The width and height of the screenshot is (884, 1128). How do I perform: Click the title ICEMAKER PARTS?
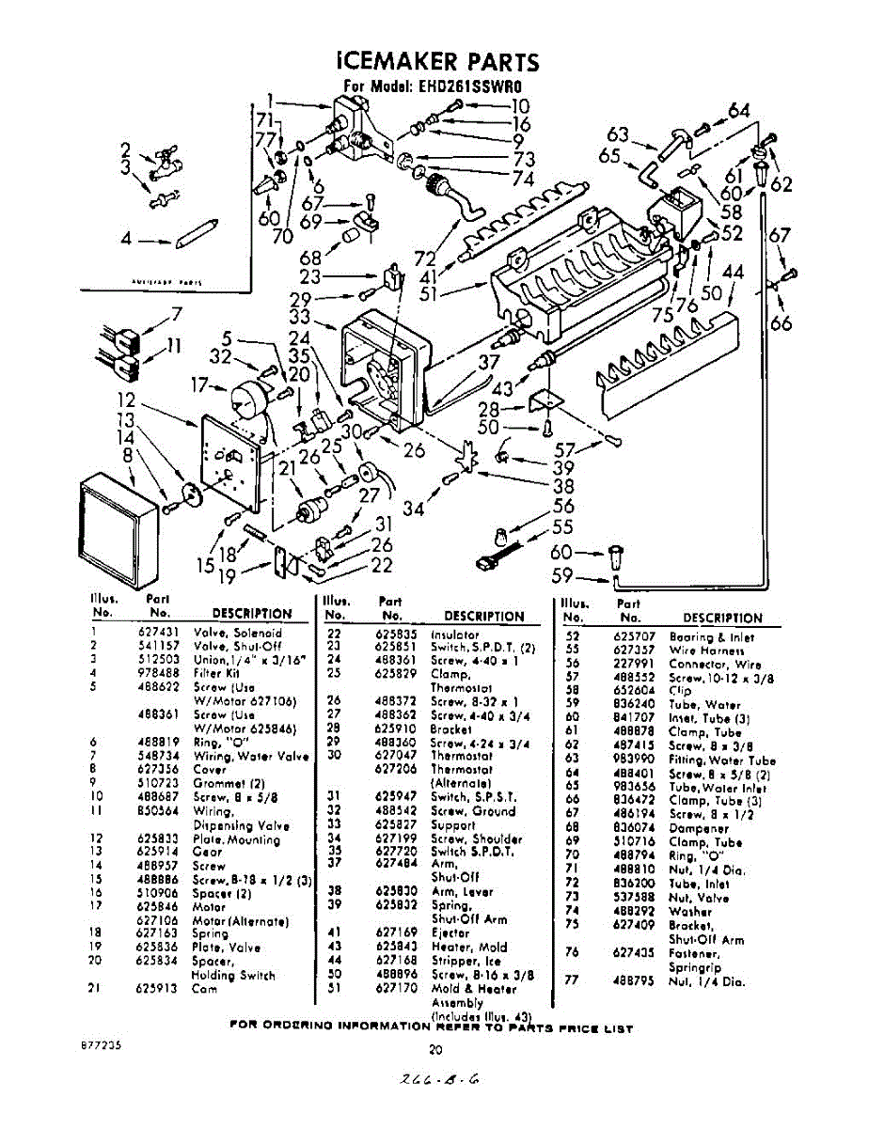coord(438,62)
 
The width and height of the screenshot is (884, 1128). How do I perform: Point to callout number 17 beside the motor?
coord(198,384)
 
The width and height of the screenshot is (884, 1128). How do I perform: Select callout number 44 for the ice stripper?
coord(734,272)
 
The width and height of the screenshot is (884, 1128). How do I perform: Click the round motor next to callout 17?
coord(245,399)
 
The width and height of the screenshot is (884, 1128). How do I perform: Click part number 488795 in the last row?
coord(633,981)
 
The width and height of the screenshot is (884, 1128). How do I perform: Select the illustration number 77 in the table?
coord(570,981)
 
